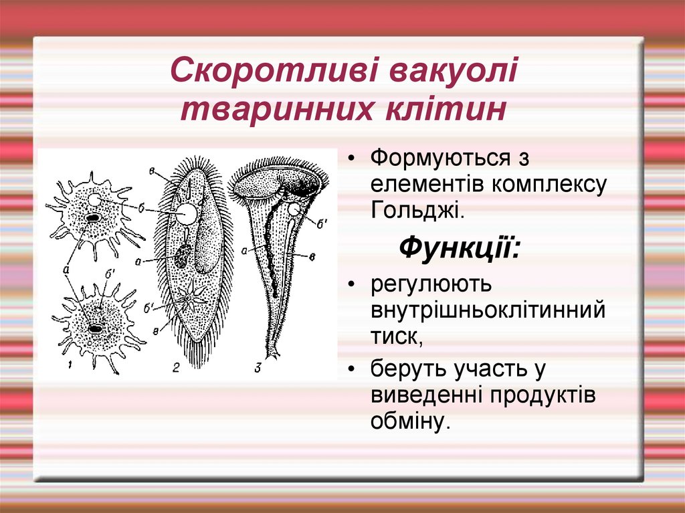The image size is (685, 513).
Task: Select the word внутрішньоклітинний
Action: coord(488,310)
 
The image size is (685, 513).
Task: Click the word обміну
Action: coord(407,421)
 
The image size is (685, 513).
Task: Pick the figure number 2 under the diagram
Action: coord(176,366)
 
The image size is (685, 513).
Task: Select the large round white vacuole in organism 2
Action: coord(187,213)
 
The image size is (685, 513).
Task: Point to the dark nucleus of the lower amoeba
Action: coord(97,328)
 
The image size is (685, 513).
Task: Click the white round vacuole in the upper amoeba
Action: coord(95,200)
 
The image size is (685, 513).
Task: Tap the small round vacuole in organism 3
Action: coord(293,210)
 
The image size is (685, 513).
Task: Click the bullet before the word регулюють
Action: coord(352,285)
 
